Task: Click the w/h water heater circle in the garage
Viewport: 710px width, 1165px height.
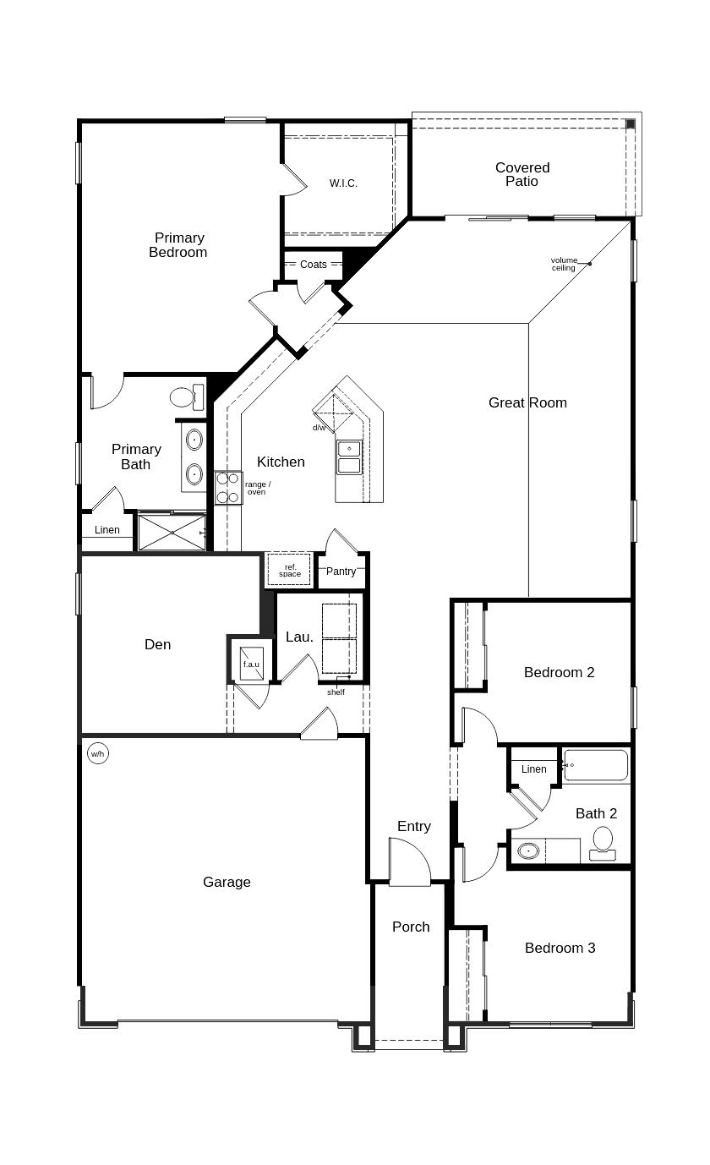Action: click(x=98, y=753)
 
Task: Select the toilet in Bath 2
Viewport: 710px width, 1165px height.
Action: click(x=603, y=842)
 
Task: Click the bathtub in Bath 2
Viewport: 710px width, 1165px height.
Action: click(x=596, y=765)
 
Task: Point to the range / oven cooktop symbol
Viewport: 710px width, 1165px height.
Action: click(x=228, y=488)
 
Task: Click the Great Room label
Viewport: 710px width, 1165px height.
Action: click(x=527, y=402)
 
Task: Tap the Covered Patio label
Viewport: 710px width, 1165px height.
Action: click(x=522, y=174)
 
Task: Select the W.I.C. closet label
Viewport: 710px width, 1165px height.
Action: click(x=343, y=183)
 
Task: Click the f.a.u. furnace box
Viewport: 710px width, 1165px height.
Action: click(x=251, y=663)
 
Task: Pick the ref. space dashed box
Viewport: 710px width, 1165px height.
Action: click(x=289, y=570)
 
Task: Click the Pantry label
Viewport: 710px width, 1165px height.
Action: click(x=341, y=572)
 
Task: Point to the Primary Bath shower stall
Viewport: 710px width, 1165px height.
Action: click(x=172, y=533)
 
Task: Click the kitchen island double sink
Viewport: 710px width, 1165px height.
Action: click(x=349, y=457)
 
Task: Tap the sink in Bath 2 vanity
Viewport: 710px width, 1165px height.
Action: click(x=528, y=851)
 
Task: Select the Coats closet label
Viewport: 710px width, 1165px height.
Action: click(x=313, y=265)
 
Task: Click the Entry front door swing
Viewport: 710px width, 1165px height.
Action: click(x=409, y=862)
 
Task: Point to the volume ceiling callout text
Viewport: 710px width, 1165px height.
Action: click(x=564, y=264)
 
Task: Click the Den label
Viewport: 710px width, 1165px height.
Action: click(x=157, y=644)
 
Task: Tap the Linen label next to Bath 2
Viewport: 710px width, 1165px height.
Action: click(x=533, y=769)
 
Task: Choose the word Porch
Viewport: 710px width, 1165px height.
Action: click(x=411, y=927)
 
